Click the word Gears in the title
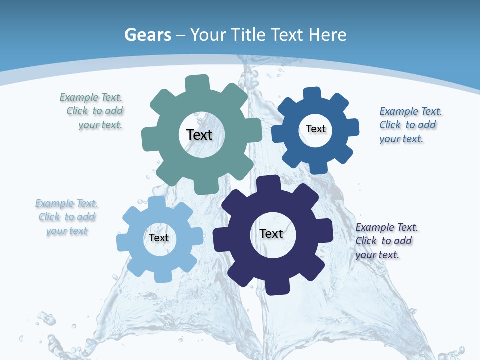coord(148,35)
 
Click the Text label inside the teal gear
coord(199,135)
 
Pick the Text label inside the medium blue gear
coord(315,129)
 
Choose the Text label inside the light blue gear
coord(159,238)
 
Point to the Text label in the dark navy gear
coord(271,233)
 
